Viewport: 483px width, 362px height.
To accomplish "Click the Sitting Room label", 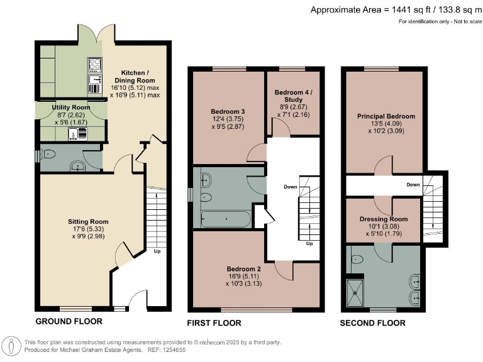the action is [x=88, y=222].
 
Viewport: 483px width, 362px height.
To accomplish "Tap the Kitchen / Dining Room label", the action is [x=135, y=77].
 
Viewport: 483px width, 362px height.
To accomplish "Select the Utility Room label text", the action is [x=71, y=107].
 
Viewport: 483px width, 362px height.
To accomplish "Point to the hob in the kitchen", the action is [x=94, y=65].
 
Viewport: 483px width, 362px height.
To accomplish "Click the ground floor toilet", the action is [x=48, y=153].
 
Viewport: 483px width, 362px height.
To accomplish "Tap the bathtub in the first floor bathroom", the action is [x=226, y=219].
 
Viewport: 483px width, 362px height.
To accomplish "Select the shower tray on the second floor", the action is [x=355, y=293].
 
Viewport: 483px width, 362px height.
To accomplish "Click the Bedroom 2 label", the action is [x=243, y=269].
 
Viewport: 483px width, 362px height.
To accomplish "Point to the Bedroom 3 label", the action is [x=228, y=111].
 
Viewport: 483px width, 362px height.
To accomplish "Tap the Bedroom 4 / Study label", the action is [x=293, y=96].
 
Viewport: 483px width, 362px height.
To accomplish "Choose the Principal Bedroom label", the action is [x=386, y=116].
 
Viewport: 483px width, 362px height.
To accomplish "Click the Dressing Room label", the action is [x=384, y=219].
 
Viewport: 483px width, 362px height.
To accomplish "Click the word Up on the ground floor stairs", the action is [x=157, y=251].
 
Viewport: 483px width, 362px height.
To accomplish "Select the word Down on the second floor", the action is [x=413, y=185].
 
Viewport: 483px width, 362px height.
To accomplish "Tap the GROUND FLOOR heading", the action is [x=69, y=321].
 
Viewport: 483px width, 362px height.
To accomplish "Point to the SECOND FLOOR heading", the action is [x=373, y=323].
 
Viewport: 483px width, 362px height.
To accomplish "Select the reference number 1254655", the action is [x=175, y=350].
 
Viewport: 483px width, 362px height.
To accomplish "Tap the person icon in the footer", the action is [x=12, y=346].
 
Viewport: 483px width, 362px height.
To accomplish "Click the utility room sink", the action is [x=77, y=134].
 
